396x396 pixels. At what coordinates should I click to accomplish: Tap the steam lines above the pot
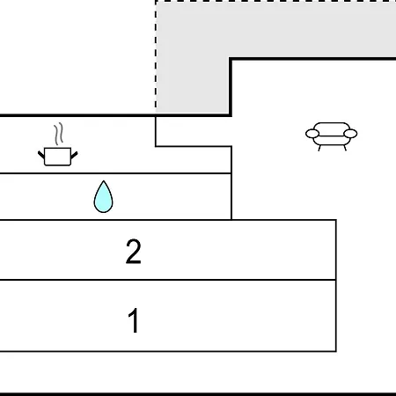pyautogui.click(x=59, y=134)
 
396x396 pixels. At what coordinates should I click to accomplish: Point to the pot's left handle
pyautogui.click(x=41, y=155)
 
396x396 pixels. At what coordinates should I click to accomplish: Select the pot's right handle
pyautogui.click(x=74, y=155)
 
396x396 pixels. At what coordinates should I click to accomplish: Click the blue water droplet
pyautogui.click(x=103, y=196)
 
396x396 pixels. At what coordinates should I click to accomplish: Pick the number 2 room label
pyautogui.click(x=134, y=252)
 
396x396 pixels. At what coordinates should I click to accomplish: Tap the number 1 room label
pyautogui.click(x=134, y=320)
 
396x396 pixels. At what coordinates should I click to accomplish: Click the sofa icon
pyautogui.click(x=332, y=136)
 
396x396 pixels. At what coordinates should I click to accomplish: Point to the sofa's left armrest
pyautogui.click(x=312, y=134)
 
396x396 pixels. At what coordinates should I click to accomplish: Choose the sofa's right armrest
pyautogui.click(x=350, y=134)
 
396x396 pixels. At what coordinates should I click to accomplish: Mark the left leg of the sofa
pyautogui.click(x=319, y=148)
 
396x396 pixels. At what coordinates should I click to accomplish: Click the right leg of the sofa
pyautogui.click(x=345, y=148)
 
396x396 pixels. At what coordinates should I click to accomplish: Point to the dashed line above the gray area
pyautogui.click(x=275, y=2)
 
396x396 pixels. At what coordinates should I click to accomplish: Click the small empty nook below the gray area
pyautogui.click(x=194, y=131)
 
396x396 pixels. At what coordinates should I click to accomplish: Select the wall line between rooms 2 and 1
pyautogui.click(x=168, y=280)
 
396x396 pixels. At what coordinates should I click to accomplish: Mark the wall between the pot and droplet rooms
pyautogui.click(x=115, y=173)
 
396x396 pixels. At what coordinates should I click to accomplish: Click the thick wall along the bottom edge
pyautogui.click(x=198, y=394)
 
